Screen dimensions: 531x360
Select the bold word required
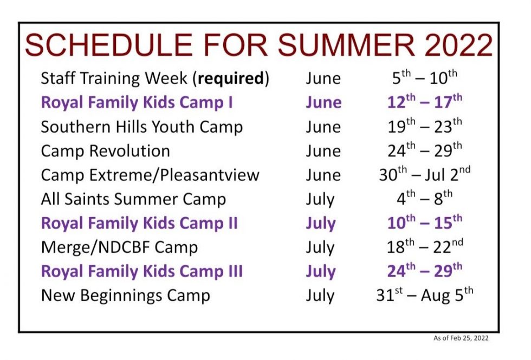coord(231,79)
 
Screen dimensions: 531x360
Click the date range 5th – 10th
coord(425,77)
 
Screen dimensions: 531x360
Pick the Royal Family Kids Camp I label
coord(137,102)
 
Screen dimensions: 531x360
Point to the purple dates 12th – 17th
coord(425,102)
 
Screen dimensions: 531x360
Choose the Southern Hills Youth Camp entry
coord(142,127)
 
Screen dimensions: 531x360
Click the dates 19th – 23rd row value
coord(425,126)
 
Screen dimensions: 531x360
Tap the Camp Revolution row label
coord(105,151)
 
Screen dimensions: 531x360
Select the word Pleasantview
coord(210,175)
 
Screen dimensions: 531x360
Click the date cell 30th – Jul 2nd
coord(425,174)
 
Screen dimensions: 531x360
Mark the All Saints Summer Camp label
coord(133,199)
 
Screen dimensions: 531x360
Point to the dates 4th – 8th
coord(425,198)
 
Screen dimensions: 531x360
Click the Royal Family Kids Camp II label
coord(139,223)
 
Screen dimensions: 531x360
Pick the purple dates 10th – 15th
coord(425,222)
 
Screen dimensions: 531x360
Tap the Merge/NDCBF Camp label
coord(119,248)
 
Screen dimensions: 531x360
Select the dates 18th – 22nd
coord(425,246)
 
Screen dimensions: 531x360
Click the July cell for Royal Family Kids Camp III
coord(320,272)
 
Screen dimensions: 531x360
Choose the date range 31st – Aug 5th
coord(425,294)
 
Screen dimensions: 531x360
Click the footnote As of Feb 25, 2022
coord(461,338)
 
